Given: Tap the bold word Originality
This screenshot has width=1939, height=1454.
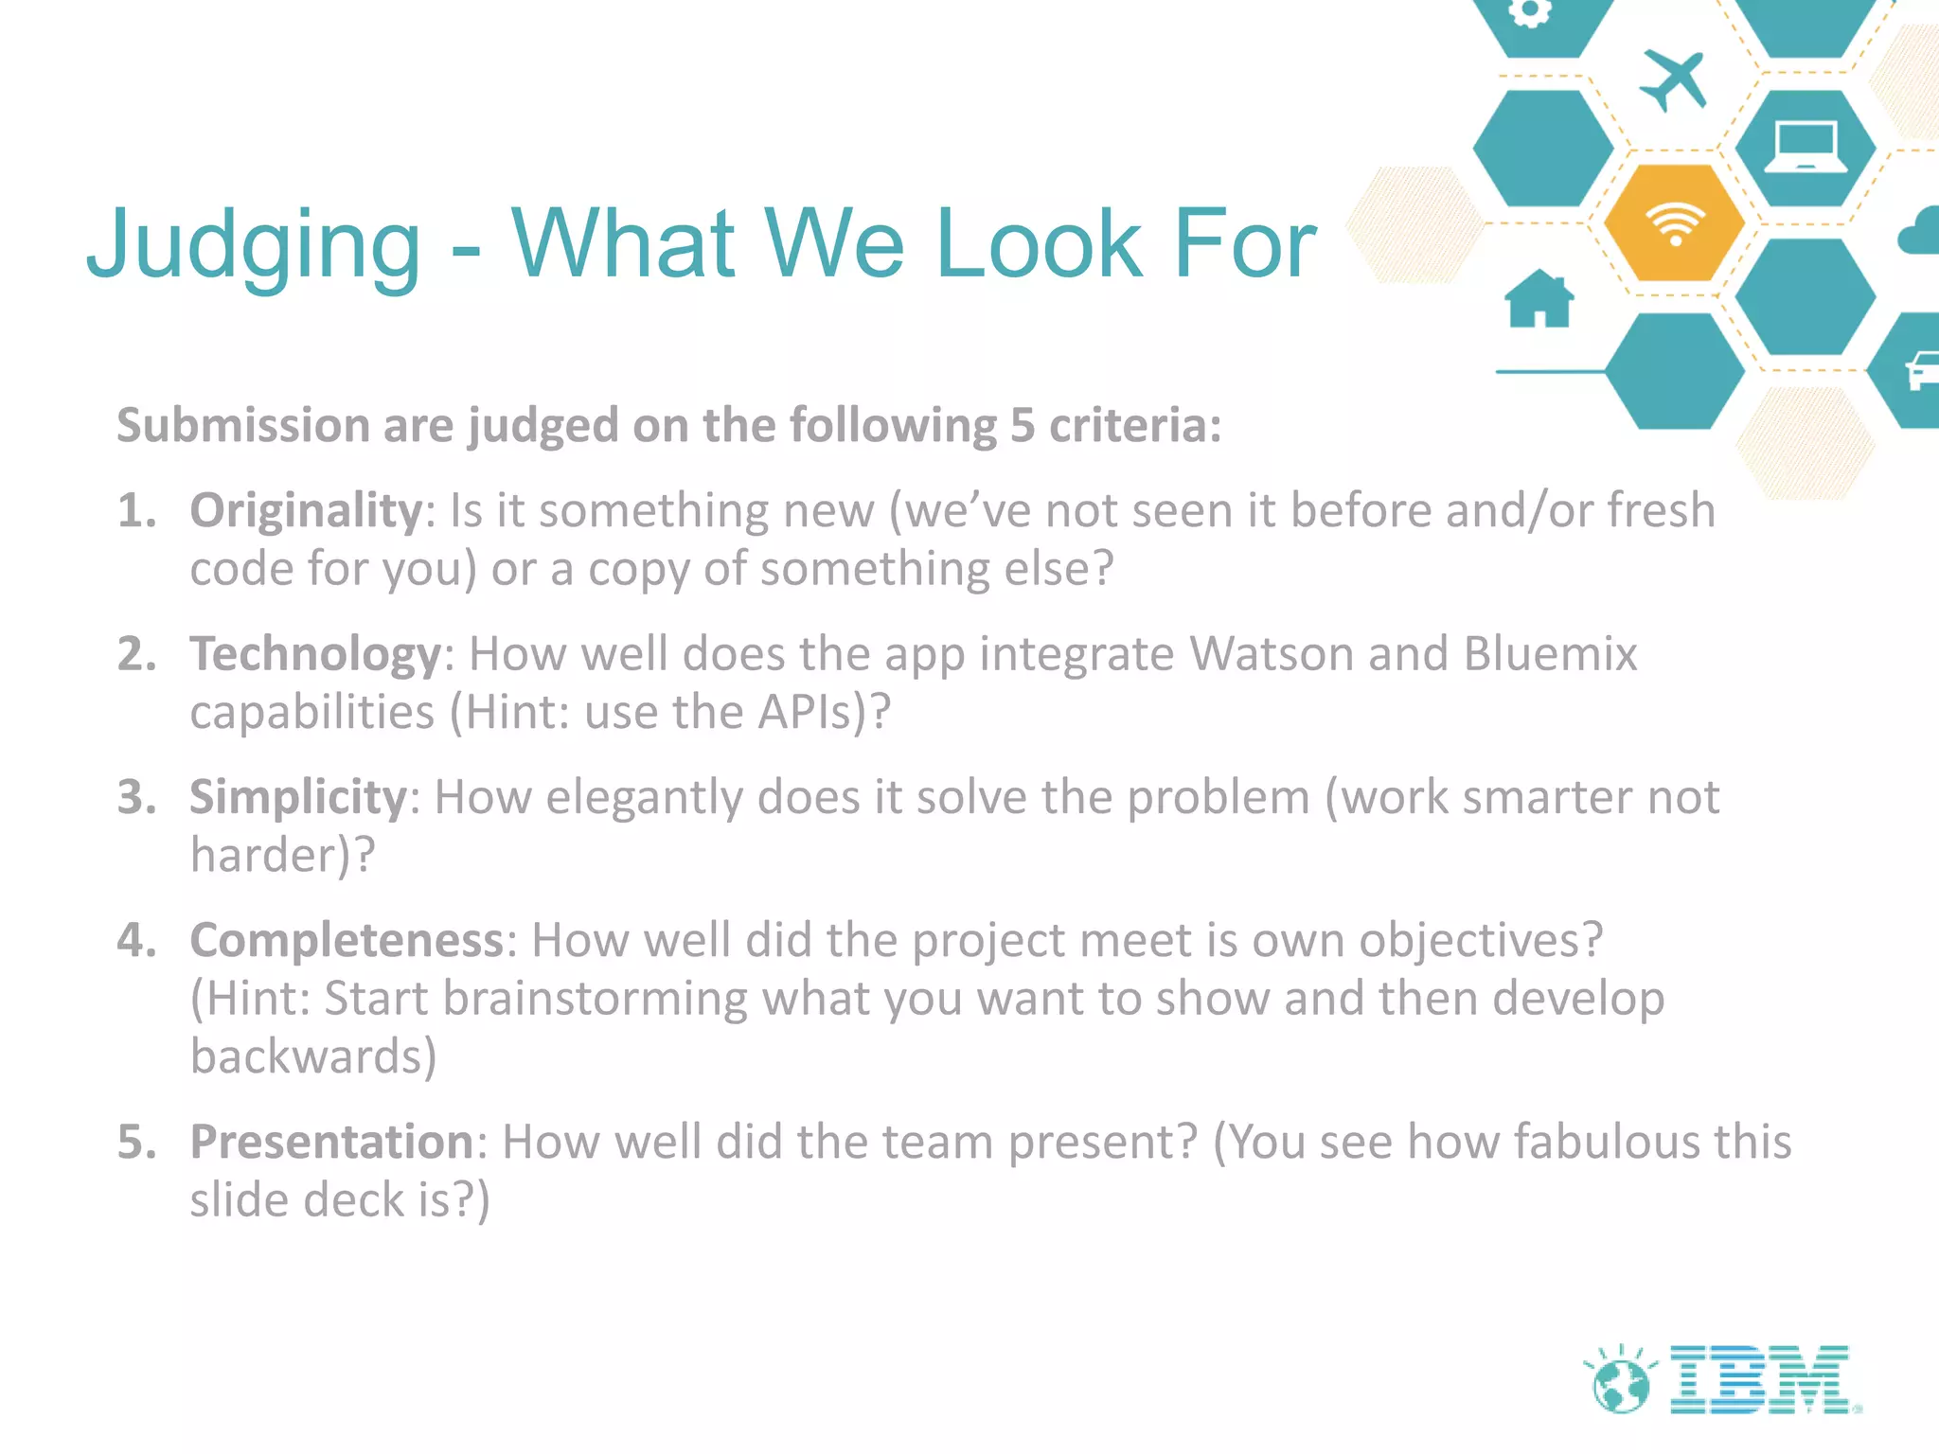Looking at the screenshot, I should (x=306, y=511).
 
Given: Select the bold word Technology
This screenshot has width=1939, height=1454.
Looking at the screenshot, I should (x=315, y=654).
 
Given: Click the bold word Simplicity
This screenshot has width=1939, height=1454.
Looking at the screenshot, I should (x=298, y=797).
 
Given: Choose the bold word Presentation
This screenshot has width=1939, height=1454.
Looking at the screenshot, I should (x=331, y=1142).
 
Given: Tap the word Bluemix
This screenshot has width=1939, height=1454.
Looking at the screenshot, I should (x=1550, y=654).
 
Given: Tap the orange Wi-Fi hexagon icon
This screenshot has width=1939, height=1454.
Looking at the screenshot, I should (x=1674, y=223).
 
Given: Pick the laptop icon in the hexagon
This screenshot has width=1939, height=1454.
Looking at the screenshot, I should (x=1805, y=149).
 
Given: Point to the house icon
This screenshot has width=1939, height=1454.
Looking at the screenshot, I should (x=1539, y=298).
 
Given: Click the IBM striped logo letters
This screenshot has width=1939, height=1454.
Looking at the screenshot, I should (x=1761, y=1380).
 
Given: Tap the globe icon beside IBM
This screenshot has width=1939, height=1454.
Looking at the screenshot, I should (x=1620, y=1384).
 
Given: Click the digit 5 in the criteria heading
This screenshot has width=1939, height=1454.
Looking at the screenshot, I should (x=1022, y=426).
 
